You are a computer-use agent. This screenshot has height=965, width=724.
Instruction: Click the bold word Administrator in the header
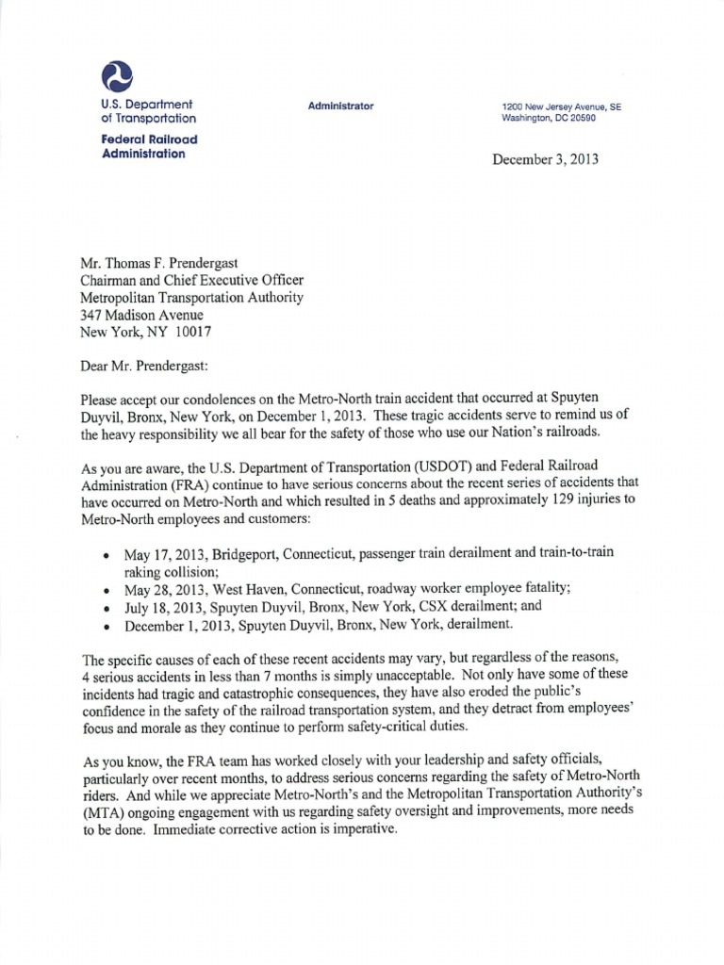pyautogui.click(x=340, y=106)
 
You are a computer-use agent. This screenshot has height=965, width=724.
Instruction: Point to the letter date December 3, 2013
pyautogui.click(x=546, y=160)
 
